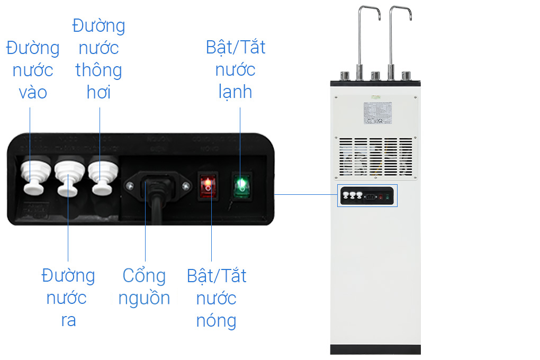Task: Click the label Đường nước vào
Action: click(33, 70)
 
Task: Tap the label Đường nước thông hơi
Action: click(98, 59)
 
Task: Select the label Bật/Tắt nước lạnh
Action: click(236, 69)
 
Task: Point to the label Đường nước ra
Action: click(68, 298)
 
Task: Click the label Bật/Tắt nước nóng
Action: click(217, 298)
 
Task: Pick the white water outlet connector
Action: click(68, 177)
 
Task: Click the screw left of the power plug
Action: click(130, 185)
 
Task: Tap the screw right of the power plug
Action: click(185, 185)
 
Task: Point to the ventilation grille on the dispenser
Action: click(376, 157)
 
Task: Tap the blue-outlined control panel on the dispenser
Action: click(367, 196)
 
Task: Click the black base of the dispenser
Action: click(375, 349)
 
